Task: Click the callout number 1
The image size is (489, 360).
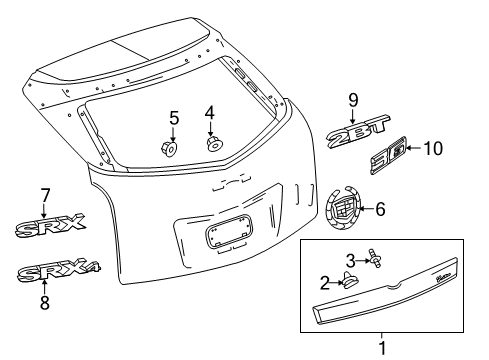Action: point(381,349)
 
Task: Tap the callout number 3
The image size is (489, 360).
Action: point(351,261)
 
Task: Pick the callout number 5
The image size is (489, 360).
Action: point(173,119)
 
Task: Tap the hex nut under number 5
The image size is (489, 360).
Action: point(168,150)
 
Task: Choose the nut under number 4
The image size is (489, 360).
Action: point(214,144)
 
